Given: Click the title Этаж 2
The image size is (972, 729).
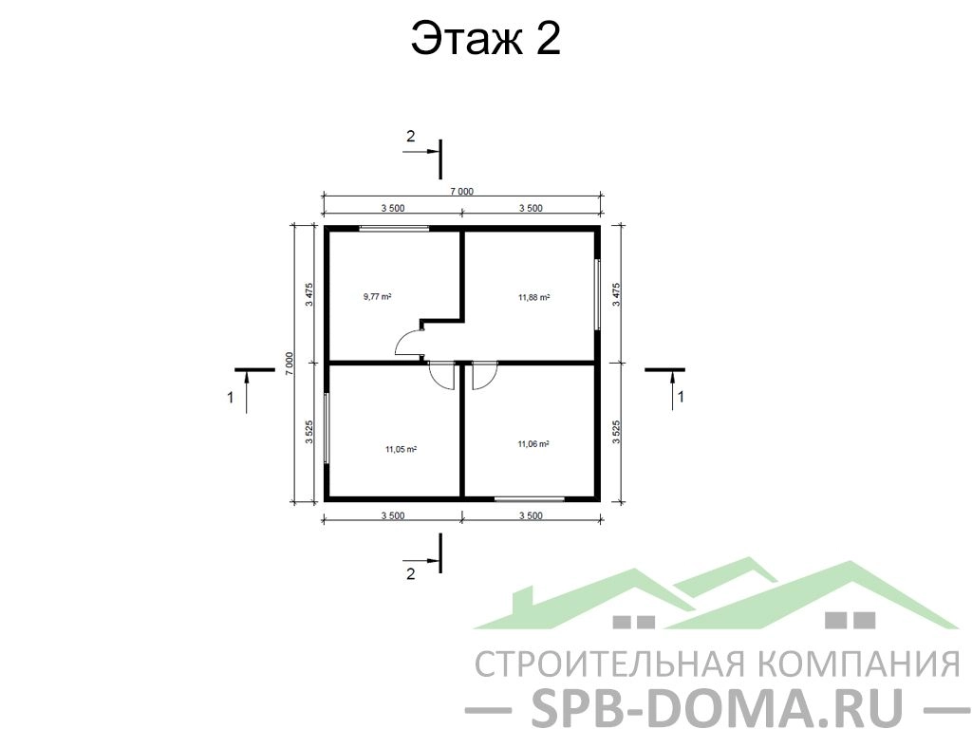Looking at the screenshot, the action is (x=485, y=38).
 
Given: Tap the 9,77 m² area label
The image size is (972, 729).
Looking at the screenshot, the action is (x=377, y=296).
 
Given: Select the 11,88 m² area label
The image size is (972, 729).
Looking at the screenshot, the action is (x=533, y=297).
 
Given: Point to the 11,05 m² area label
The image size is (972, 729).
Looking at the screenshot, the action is (x=401, y=449).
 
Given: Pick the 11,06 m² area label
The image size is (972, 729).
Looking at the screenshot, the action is (x=533, y=444).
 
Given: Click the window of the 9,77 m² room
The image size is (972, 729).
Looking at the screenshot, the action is (x=394, y=228).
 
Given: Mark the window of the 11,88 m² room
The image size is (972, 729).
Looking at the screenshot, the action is (x=598, y=294).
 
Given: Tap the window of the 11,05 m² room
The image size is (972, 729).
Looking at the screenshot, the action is (x=327, y=427).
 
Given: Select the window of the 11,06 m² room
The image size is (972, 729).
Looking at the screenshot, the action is (x=530, y=497).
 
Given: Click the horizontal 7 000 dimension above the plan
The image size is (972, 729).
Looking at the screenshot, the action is (x=462, y=192).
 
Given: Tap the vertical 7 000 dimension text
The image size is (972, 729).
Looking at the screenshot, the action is (x=290, y=363).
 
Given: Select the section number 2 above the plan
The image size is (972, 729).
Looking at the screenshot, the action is (x=410, y=136).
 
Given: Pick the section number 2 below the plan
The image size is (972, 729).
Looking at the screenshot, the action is (x=410, y=574).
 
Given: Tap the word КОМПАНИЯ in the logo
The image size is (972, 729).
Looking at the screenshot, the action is (x=860, y=664).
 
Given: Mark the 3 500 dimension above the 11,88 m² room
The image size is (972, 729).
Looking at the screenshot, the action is (x=531, y=208).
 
